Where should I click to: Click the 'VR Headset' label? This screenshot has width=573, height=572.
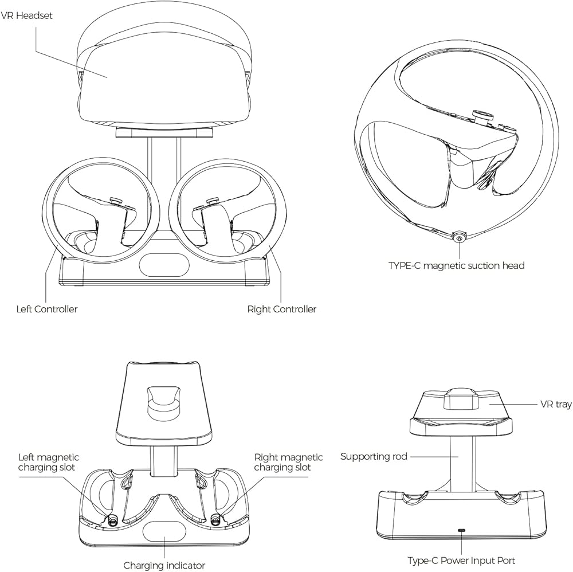26,15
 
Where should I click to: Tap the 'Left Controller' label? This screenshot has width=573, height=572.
46,309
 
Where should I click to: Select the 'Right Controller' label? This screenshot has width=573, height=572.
281,309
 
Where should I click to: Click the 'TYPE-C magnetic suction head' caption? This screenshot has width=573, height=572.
456,265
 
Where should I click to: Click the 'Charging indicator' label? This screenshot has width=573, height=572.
164,566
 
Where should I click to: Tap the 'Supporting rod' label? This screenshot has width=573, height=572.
374,457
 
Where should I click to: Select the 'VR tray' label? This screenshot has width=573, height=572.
556,405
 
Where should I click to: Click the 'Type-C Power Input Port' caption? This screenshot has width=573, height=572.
461,561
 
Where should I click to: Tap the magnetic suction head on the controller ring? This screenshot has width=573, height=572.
457,237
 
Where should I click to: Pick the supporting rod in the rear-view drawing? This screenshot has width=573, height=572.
461,461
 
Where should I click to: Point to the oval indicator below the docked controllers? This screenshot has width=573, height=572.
164,267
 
